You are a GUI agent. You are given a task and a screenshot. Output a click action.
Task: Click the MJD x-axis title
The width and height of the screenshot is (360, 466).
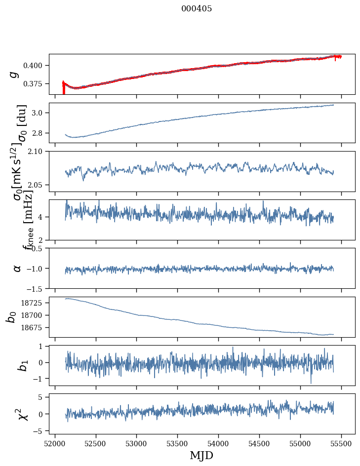(x=201, y=455)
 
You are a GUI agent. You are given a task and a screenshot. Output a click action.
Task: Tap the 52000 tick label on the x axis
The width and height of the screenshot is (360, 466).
(x=55, y=443)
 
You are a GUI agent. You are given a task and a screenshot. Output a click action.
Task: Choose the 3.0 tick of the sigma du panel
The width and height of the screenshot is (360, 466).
(x=40, y=113)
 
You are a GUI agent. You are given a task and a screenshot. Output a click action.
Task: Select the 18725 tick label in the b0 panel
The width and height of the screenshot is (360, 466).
(x=35, y=303)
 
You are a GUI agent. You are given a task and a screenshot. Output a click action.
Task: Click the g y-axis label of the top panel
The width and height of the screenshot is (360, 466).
(x=15, y=74)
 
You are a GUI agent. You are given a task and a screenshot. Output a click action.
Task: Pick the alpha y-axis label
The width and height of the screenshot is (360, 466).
(x=17, y=268)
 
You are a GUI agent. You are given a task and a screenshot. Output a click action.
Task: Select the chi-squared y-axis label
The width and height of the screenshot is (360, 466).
(x=22, y=414)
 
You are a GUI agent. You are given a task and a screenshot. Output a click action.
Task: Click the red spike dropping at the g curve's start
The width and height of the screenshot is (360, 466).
(x=63, y=89)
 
